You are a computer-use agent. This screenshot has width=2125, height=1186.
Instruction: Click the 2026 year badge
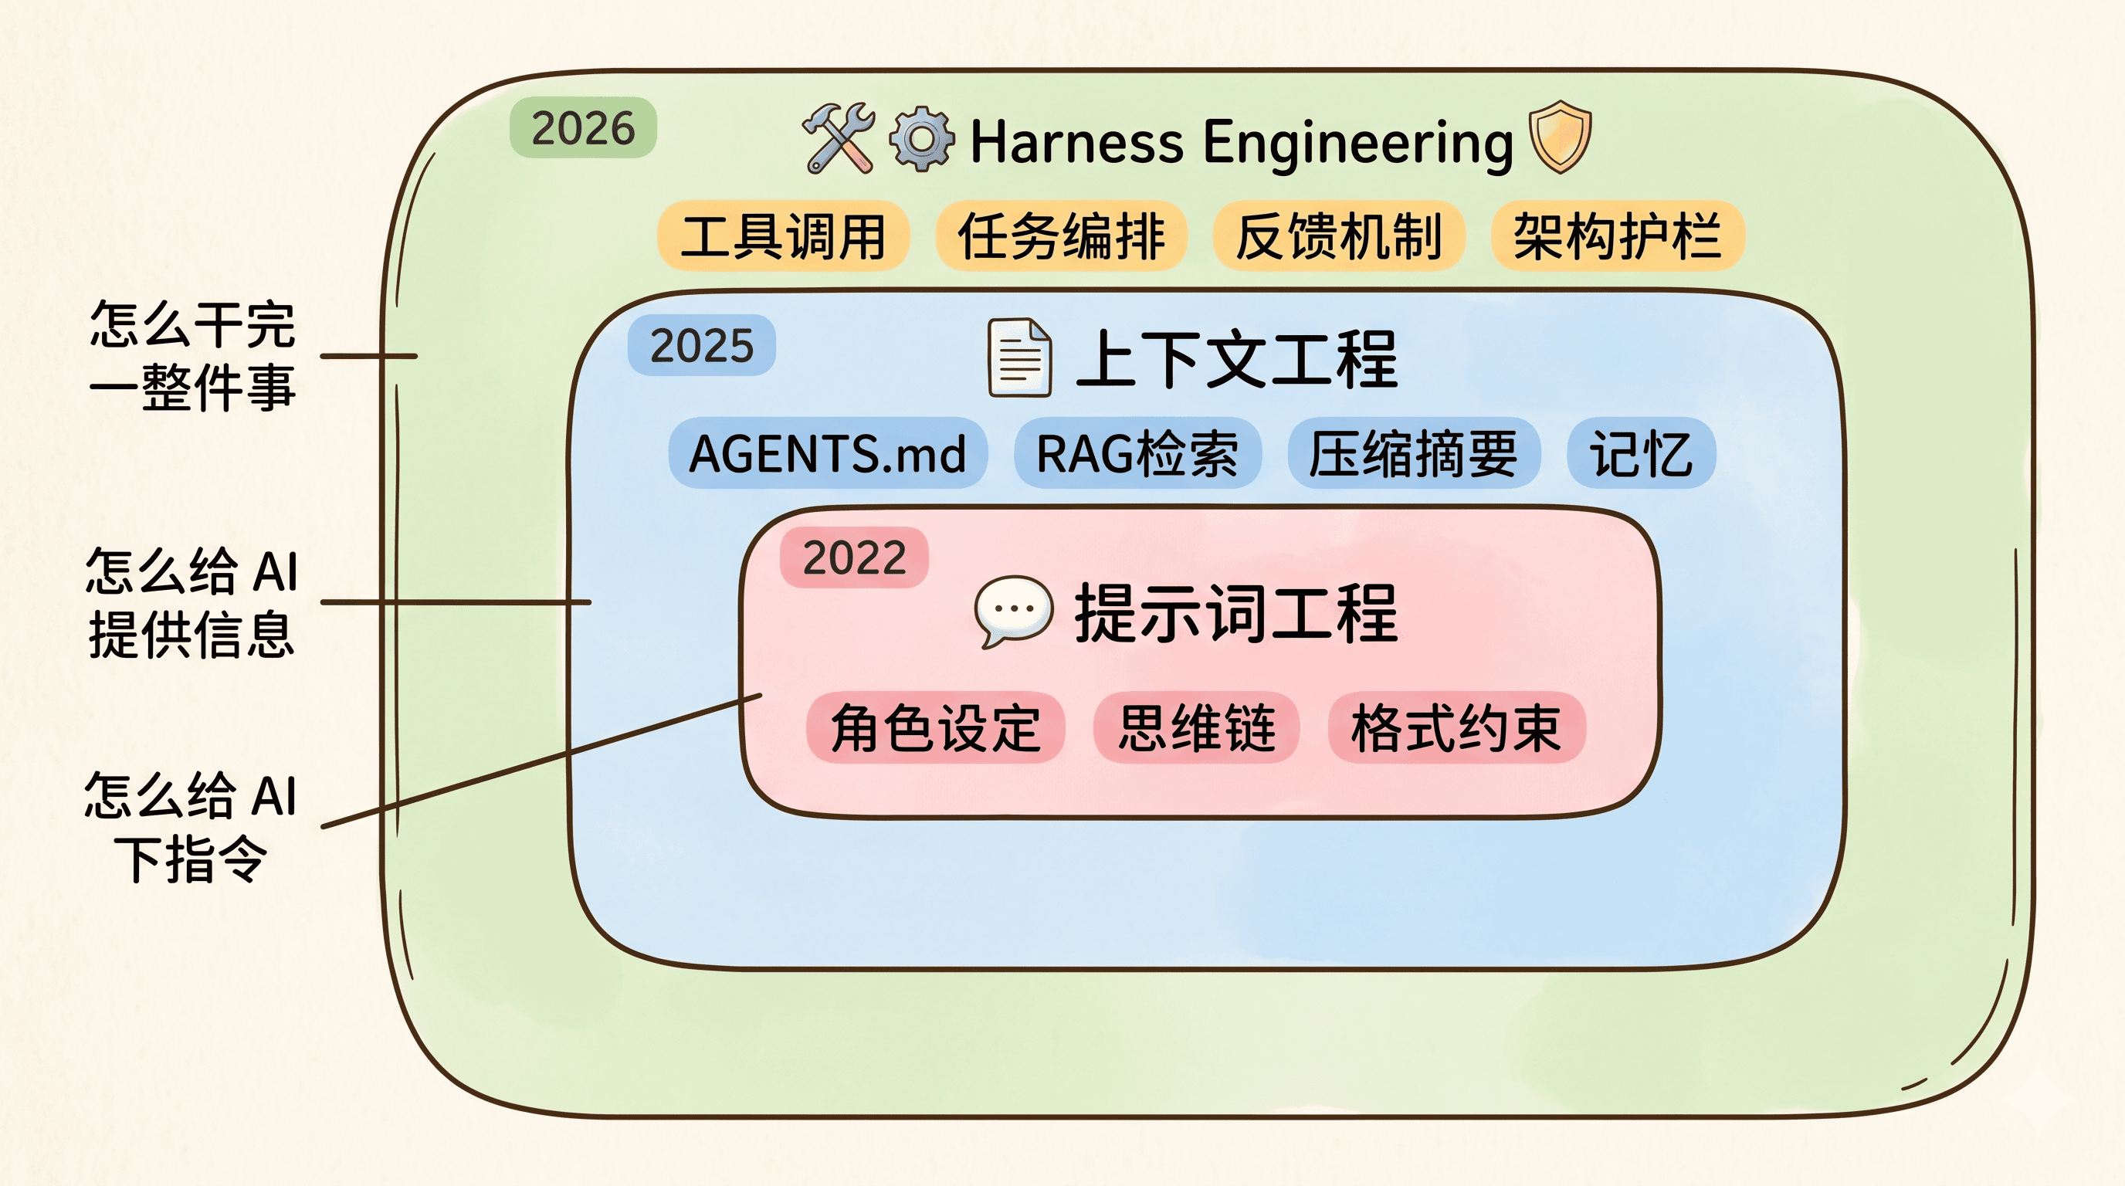(583, 129)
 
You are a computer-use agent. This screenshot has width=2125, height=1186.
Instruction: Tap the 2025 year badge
(701, 346)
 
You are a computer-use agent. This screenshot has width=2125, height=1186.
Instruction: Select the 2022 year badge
(854, 558)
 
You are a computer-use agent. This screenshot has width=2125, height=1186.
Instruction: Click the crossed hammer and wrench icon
(839, 138)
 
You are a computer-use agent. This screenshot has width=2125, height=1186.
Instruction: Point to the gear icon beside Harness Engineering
(921, 140)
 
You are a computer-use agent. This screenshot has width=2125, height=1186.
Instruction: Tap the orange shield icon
(1559, 137)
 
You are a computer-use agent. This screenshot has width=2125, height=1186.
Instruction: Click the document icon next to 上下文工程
(1019, 357)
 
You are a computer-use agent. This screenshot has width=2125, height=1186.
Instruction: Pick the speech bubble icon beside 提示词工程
(1013, 611)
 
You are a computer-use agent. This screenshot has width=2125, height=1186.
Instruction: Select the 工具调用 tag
(783, 236)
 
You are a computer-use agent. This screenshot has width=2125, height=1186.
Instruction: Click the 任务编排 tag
(1061, 236)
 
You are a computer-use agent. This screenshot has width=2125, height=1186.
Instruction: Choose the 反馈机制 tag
(1338, 236)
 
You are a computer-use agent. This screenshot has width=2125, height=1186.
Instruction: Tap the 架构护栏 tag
(1617, 236)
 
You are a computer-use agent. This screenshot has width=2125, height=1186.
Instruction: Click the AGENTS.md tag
(828, 453)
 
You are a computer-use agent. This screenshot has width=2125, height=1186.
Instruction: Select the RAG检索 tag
(1137, 453)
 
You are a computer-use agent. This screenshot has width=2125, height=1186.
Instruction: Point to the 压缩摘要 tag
(1413, 453)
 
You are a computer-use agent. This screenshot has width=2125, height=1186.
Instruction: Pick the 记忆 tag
(1641, 453)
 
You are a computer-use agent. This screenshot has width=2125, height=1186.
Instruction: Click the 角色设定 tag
(935, 727)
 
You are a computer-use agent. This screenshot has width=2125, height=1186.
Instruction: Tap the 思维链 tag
(1196, 727)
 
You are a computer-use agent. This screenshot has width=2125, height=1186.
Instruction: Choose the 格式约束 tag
(1456, 727)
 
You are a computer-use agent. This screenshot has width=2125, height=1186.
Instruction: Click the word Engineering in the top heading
(1357, 142)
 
